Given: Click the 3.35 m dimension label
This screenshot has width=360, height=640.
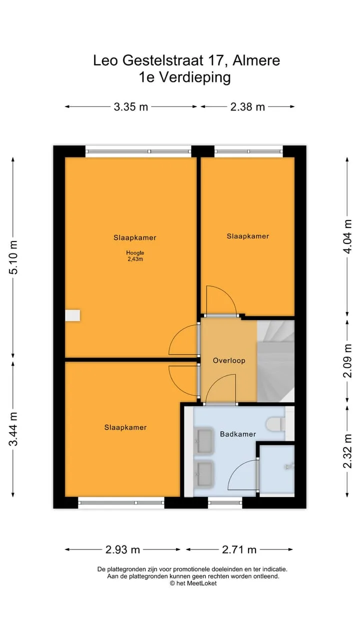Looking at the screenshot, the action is [x=131, y=107].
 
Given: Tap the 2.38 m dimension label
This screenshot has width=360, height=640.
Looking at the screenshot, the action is [x=247, y=107].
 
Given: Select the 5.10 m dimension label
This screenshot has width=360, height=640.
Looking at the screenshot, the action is [x=13, y=257].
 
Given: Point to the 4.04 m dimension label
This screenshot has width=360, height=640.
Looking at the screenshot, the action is [x=347, y=236].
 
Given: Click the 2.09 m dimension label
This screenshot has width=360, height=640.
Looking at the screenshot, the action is [x=347, y=361].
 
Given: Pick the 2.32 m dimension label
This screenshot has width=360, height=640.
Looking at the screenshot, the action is [x=347, y=451].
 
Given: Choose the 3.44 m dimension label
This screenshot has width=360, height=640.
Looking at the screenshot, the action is [x=13, y=429].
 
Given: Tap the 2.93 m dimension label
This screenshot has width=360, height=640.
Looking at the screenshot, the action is [x=122, y=549].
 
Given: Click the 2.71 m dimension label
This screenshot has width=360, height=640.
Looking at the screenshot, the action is [x=239, y=549].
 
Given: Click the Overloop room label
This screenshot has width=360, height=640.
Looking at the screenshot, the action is [x=229, y=360].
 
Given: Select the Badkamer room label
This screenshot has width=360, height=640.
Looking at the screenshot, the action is [x=238, y=434].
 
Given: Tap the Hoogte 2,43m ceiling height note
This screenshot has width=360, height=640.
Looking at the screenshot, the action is [x=135, y=256].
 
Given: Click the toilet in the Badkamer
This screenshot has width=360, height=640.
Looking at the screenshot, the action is [x=275, y=424].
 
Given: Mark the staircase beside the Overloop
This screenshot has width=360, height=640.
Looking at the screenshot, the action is [x=275, y=361].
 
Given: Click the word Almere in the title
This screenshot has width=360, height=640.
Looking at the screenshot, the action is [x=256, y=60].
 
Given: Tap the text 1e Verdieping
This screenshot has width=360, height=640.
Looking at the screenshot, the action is [x=184, y=77].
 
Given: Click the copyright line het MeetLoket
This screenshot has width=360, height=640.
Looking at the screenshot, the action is [x=193, y=583].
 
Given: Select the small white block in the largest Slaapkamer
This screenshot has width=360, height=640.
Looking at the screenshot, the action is [x=72, y=315].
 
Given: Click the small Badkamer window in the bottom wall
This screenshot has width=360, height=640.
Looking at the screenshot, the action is [x=225, y=503].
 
